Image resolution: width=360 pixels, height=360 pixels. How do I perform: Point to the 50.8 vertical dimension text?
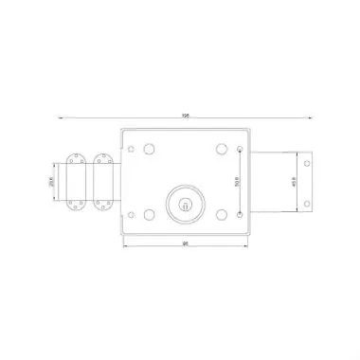tap(236, 180)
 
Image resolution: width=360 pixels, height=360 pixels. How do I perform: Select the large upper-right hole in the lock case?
tap(220, 148)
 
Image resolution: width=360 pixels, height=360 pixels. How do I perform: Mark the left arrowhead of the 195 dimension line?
tap(61, 117)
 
